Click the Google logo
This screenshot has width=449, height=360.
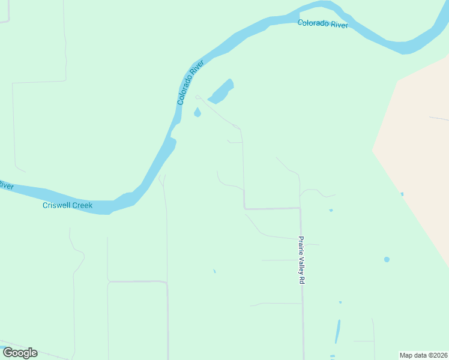[20, 353]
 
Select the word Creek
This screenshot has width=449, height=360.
[83, 206]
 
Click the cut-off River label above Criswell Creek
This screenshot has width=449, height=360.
[6, 185]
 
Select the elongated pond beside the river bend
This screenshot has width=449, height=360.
[221, 91]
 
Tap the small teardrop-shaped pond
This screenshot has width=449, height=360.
[197, 112]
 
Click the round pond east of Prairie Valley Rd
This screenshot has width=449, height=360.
[387, 259]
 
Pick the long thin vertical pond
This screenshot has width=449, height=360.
[337, 331]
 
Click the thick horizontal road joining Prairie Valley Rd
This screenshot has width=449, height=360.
[272, 208]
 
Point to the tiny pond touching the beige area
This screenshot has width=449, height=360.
[402, 194]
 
